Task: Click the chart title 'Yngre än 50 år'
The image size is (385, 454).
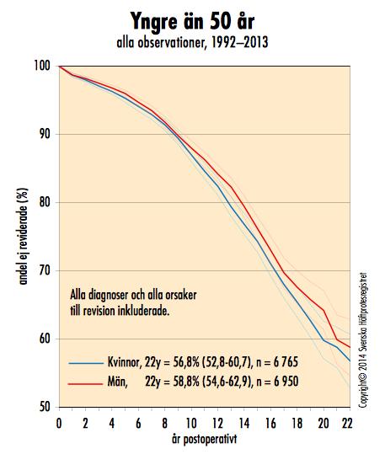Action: [192, 21]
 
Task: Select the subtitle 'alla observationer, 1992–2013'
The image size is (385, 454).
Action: [192, 43]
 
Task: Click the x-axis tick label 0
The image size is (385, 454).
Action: [59, 424]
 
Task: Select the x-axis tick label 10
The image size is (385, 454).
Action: [191, 424]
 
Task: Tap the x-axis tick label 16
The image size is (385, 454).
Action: [270, 424]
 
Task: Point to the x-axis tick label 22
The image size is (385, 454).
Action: [347, 424]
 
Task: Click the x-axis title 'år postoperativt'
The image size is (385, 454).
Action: [204, 439]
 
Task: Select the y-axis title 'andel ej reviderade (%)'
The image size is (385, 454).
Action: [24, 236]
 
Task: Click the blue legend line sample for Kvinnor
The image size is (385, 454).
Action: [86, 363]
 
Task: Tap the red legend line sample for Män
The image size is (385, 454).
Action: [85, 384]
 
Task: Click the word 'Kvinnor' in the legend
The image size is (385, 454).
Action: [123, 362]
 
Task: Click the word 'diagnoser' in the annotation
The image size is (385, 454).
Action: [108, 295]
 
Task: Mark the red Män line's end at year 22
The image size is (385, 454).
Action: [350, 347]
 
